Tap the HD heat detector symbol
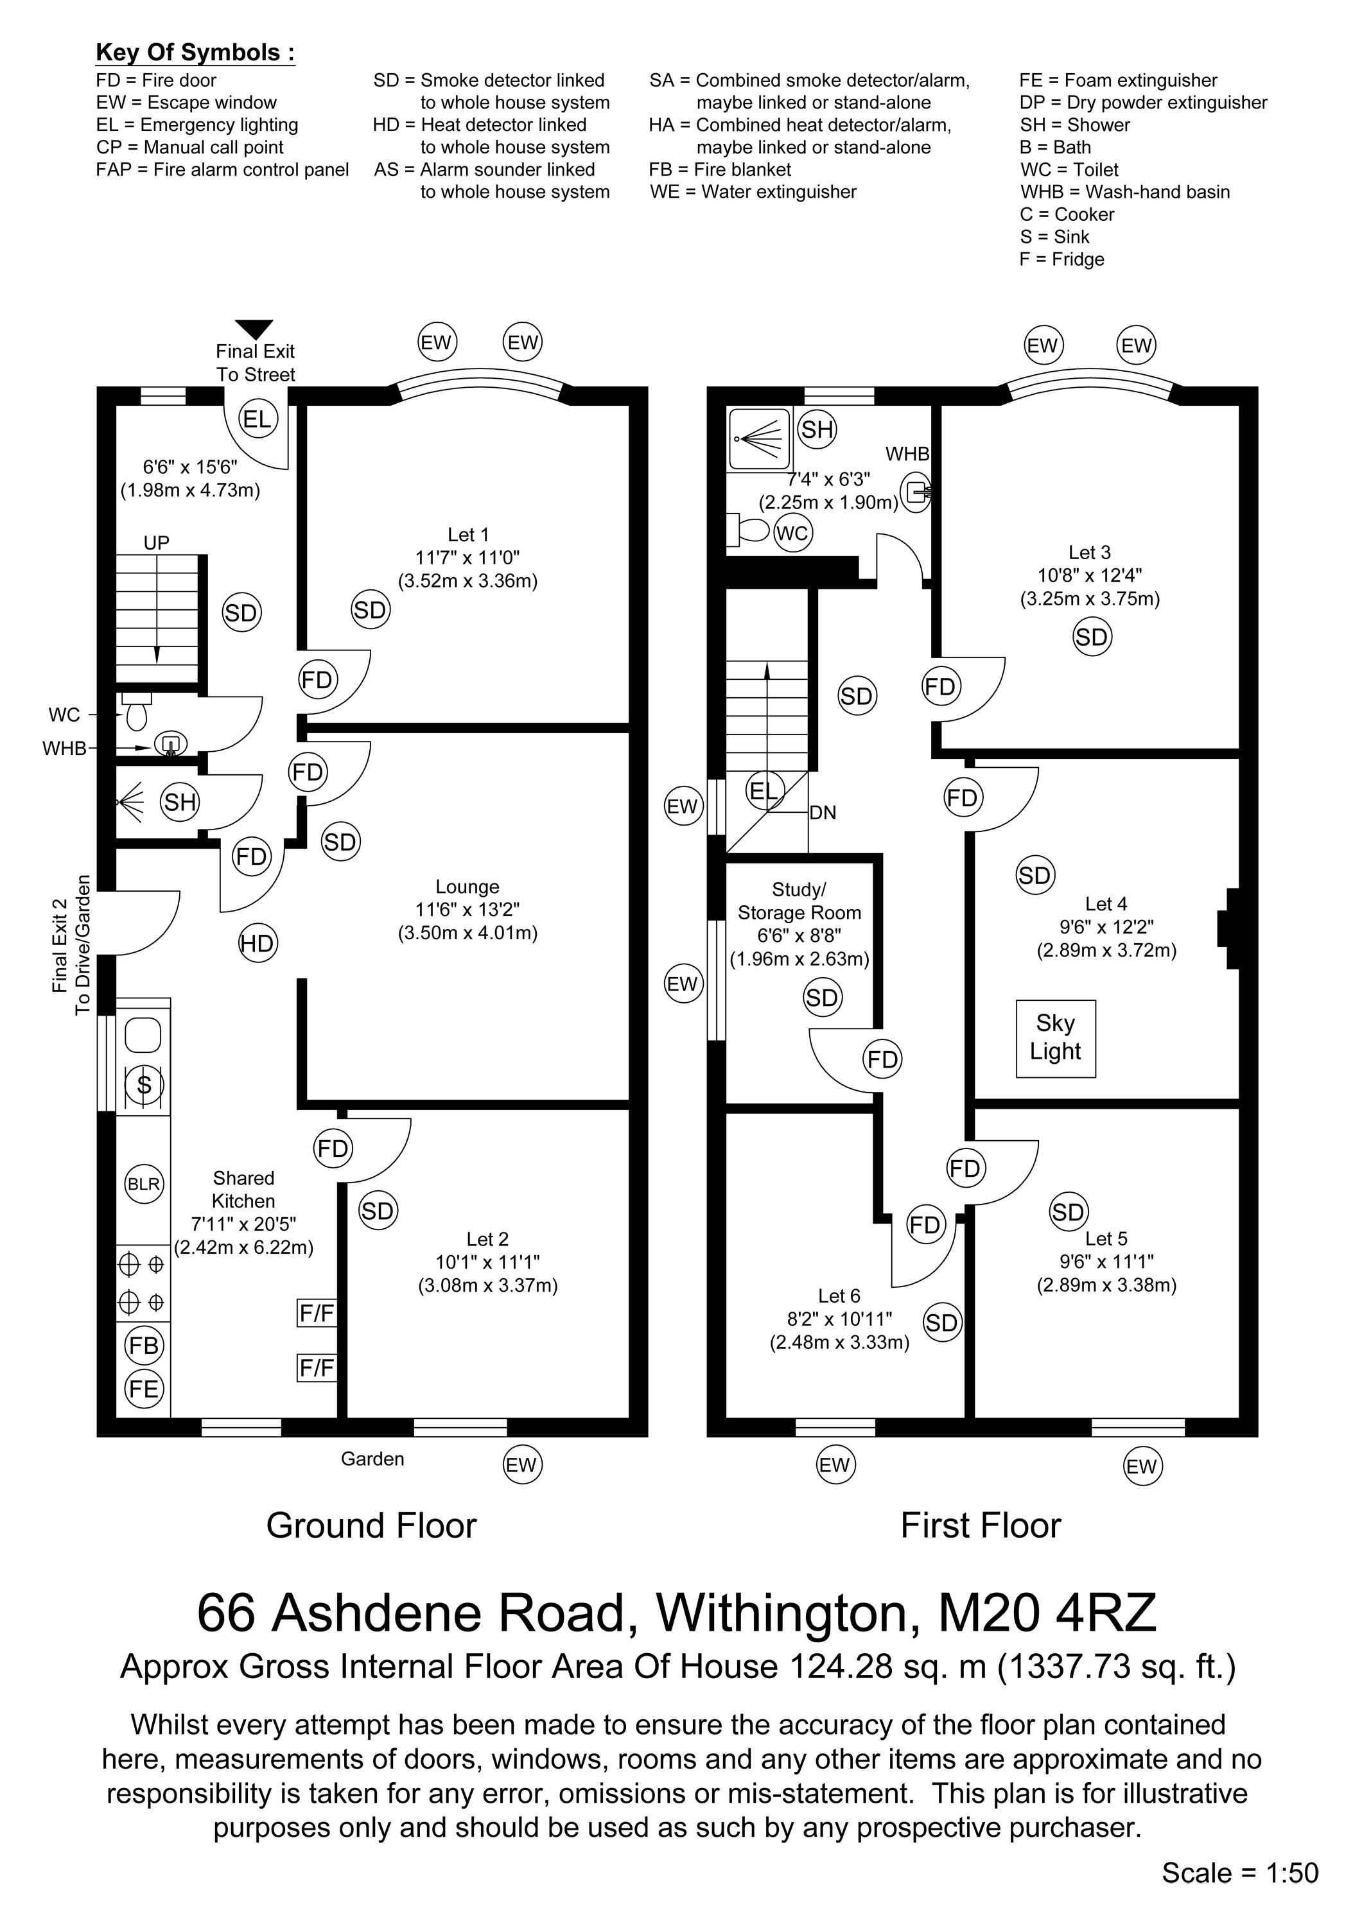pyautogui.click(x=257, y=943)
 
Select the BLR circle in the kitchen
pyautogui.click(x=143, y=1184)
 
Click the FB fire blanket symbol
pyautogui.click(x=143, y=1346)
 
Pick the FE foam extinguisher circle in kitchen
pyautogui.click(x=143, y=1389)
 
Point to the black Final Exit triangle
pyautogui.click(x=254, y=329)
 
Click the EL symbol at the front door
pyautogui.click(x=258, y=419)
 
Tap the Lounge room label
pyautogui.click(x=467, y=887)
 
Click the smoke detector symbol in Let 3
pyautogui.click(x=1092, y=637)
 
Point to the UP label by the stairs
pyautogui.click(x=156, y=542)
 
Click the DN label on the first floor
pyautogui.click(x=823, y=813)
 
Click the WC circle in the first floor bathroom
pyautogui.click(x=792, y=533)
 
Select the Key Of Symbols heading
pyautogui.click(x=195, y=52)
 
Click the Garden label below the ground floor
pyautogui.click(x=372, y=1459)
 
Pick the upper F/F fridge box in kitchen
pyautogui.click(x=317, y=1313)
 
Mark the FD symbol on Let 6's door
pyautogui.click(x=925, y=1225)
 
